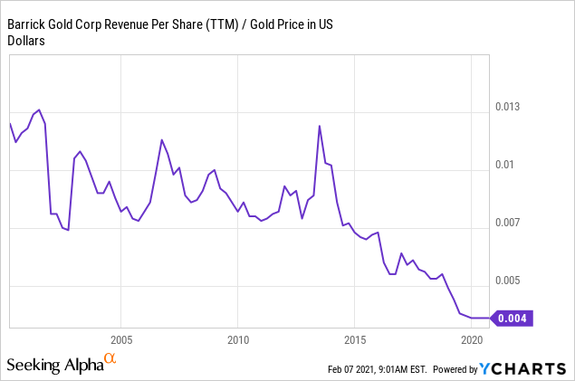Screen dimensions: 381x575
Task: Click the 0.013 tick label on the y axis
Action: [x=509, y=108]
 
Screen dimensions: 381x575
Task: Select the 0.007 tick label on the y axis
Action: [x=509, y=223]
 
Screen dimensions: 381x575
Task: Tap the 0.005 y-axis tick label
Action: [x=509, y=281]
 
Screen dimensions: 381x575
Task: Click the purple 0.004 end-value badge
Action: [x=515, y=318]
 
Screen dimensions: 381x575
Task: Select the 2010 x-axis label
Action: [x=237, y=339]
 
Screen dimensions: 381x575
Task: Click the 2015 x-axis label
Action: [x=354, y=339]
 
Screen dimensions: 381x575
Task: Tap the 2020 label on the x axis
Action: [x=471, y=339]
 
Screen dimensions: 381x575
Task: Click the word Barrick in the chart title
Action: [x=28, y=23]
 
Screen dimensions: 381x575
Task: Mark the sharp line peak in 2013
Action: [x=320, y=126]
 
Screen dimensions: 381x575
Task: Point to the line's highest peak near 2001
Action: [x=39, y=110]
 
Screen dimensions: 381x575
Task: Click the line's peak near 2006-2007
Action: [x=161, y=140]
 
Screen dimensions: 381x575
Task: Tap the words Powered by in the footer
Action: [x=456, y=369]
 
